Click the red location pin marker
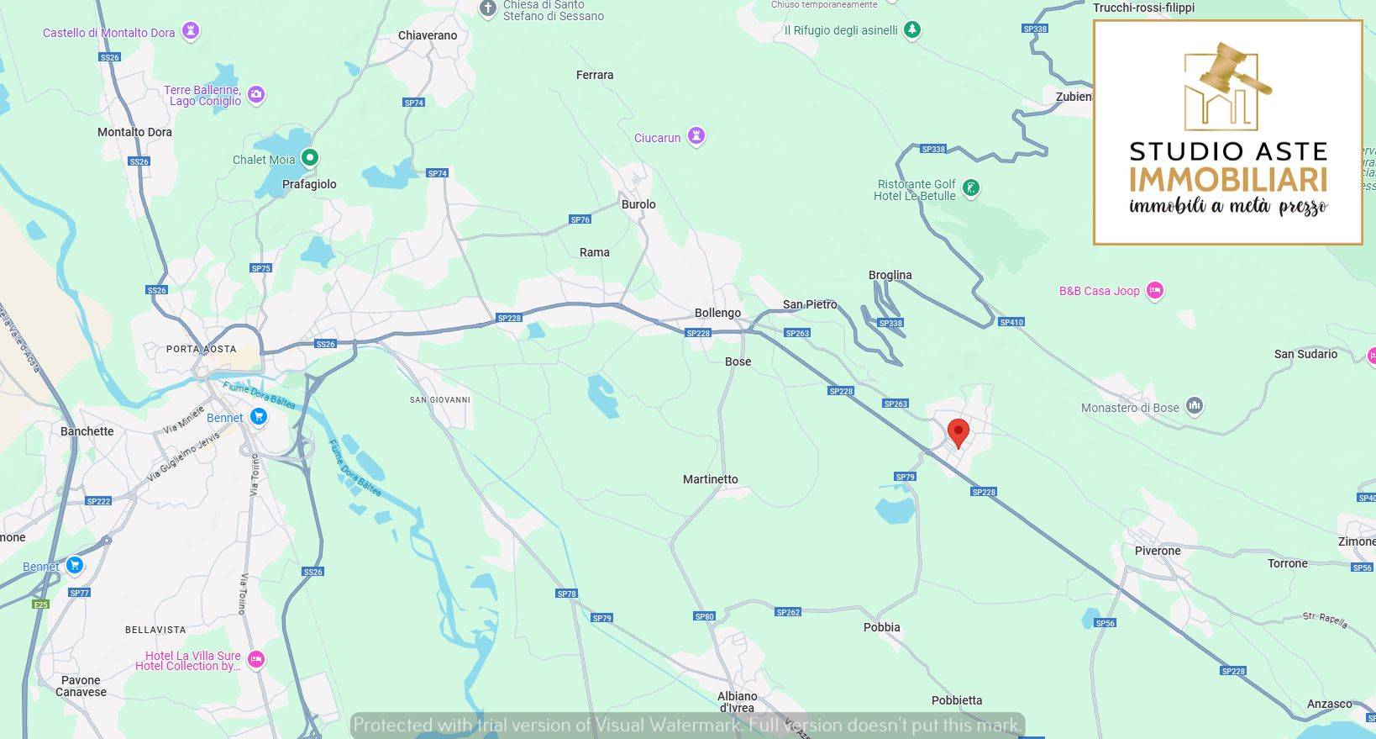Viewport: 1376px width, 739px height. coord(958,433)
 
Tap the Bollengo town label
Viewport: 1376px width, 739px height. coord(717,313)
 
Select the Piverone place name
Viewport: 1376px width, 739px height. coord(1158,551)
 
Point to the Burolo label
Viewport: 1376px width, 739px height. coord(638,204)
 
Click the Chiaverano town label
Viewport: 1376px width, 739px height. coord(428,35)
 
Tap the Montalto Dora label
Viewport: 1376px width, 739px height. coord(134,132)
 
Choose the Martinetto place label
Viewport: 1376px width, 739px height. coord(710,479)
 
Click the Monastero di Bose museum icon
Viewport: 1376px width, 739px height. coord(1195,407)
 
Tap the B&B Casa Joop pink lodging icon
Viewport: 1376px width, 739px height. coord(1155,291)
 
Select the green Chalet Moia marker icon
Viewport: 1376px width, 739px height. coord(310,157)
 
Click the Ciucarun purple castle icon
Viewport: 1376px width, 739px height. coord(696,136)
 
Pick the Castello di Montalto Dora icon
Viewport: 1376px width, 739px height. coord(192,32)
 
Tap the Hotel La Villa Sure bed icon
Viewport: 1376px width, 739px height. coord(256,660)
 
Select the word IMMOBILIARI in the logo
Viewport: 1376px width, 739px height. coord(1227,180)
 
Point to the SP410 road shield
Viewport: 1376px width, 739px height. coord(1011,322)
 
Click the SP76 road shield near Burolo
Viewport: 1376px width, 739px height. coord(580,219)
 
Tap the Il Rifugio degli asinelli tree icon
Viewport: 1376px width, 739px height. coord(912,30)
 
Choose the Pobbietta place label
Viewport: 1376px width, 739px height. coord(956,700)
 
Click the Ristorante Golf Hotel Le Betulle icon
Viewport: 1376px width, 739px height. coord(971,188)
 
